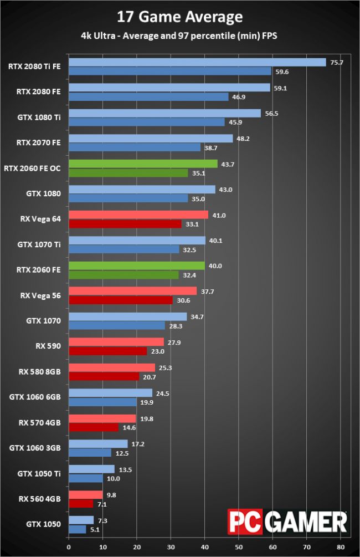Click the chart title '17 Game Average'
coord(180,17)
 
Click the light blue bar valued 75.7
coord(197,62)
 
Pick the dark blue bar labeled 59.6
coord(169,71)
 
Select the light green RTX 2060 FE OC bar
coord(143,163)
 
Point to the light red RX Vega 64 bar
coord(138,214)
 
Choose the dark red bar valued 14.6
coord(93,427)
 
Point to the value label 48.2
coord(243,138)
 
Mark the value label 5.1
coord(95,529)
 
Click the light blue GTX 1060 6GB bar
coord(110,392)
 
